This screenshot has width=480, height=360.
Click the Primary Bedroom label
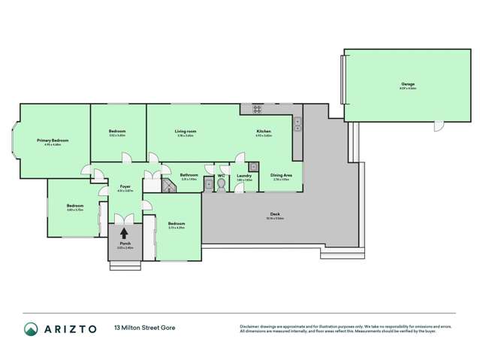tap(53, 140)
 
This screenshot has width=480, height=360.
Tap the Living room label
tap(186, 132)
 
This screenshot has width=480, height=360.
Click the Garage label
tap(408, 83)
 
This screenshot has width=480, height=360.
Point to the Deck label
tap(275, 214)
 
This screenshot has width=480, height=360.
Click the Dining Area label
tap(281, 176)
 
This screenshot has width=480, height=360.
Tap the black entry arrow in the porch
tap(124, 234)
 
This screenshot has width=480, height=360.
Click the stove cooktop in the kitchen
tap(256, 110)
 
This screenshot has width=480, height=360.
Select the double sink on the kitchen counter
tap(297, 123)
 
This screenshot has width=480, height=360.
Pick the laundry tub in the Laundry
tap(254, 167)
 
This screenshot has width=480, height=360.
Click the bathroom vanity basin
tap(207, 183)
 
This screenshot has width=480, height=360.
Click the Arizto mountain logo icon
tap(31, 328)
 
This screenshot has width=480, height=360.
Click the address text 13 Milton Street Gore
tap(146, 328)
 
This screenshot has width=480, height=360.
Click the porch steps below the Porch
tap(124, 265)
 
